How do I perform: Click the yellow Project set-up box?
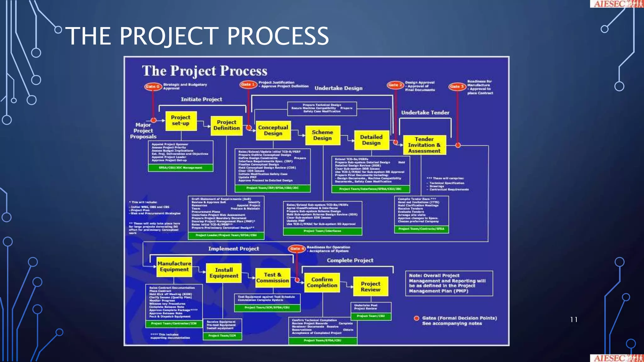pyautogui.click(x=181, y=121)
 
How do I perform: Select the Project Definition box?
pyautogui.click(x=226, y=125)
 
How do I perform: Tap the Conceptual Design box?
pyautogui.click(x=273, y=130)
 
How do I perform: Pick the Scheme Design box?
pyautogui.click(x=323, y=135)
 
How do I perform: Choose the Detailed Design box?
pyautogui.click(x=371, y=140)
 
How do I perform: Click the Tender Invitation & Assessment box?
pyautogui.click(x=424, y=145)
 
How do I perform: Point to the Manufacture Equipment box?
pyautogui.click(x=174, y=267)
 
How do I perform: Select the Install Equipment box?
pyautogui.click(x=224, y=273)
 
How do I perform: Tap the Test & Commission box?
pyautogui.click(x=272, y=278)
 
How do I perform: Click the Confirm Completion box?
pyautogui.click(x=322, y=282)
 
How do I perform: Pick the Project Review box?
pyautogui.click(x=370, y=287)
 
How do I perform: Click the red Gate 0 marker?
pyautogui.click(x=153, y=86)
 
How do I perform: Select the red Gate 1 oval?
pyautogui.click(x=248, y=85)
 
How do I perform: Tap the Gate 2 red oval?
pyautogui.click(x=395, y=85)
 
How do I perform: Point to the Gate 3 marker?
pyautogui.click(x=457, y=86)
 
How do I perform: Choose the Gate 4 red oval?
pyautogui.click(x=297, y=249)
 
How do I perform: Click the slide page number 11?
pyautogui.click(x=574, y=320)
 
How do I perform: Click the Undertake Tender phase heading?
pyautogui.click(x=425, y=112)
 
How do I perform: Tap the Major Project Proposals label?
pyautogui.click(x=143, y=131)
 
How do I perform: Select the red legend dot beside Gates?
pyautogui.click(x=417, y=318)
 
